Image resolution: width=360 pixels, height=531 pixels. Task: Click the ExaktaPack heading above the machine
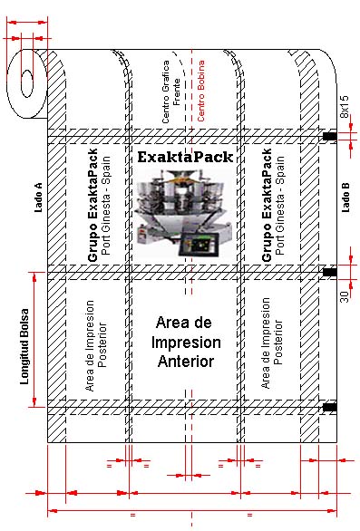click(x=185, y=157)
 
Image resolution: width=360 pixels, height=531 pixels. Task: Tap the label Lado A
click(x=39, y=198)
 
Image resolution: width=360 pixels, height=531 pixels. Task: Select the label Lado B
click(x=345, y=198)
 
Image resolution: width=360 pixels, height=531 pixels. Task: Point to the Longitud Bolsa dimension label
click(x=24, y=346)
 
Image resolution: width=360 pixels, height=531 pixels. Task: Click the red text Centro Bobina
click(x=201, y=91)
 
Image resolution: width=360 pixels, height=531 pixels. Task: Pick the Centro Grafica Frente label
click(x=170, y=92)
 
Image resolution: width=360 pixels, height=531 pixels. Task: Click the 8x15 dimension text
click(x=345, y=106)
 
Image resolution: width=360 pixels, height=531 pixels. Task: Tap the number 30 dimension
click(x=345, y=296)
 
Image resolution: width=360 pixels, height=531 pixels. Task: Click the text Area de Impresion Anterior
click(x=186, y=342)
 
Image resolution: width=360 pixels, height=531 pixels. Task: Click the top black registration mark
click(x=329, y=137)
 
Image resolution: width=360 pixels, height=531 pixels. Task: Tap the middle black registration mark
click(x=329, y=272)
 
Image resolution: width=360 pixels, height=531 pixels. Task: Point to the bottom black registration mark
click(x=329, y=407)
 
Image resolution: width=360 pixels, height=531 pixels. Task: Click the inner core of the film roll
click(x=27, y=83)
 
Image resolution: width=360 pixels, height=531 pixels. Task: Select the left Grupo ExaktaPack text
click(x=92, y=205)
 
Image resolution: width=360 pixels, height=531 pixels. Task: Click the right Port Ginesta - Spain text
click(x=279, y=205)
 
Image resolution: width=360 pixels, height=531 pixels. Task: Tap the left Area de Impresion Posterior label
click(x=95, y=346)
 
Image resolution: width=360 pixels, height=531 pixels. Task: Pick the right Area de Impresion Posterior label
click(x=271, y=343)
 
